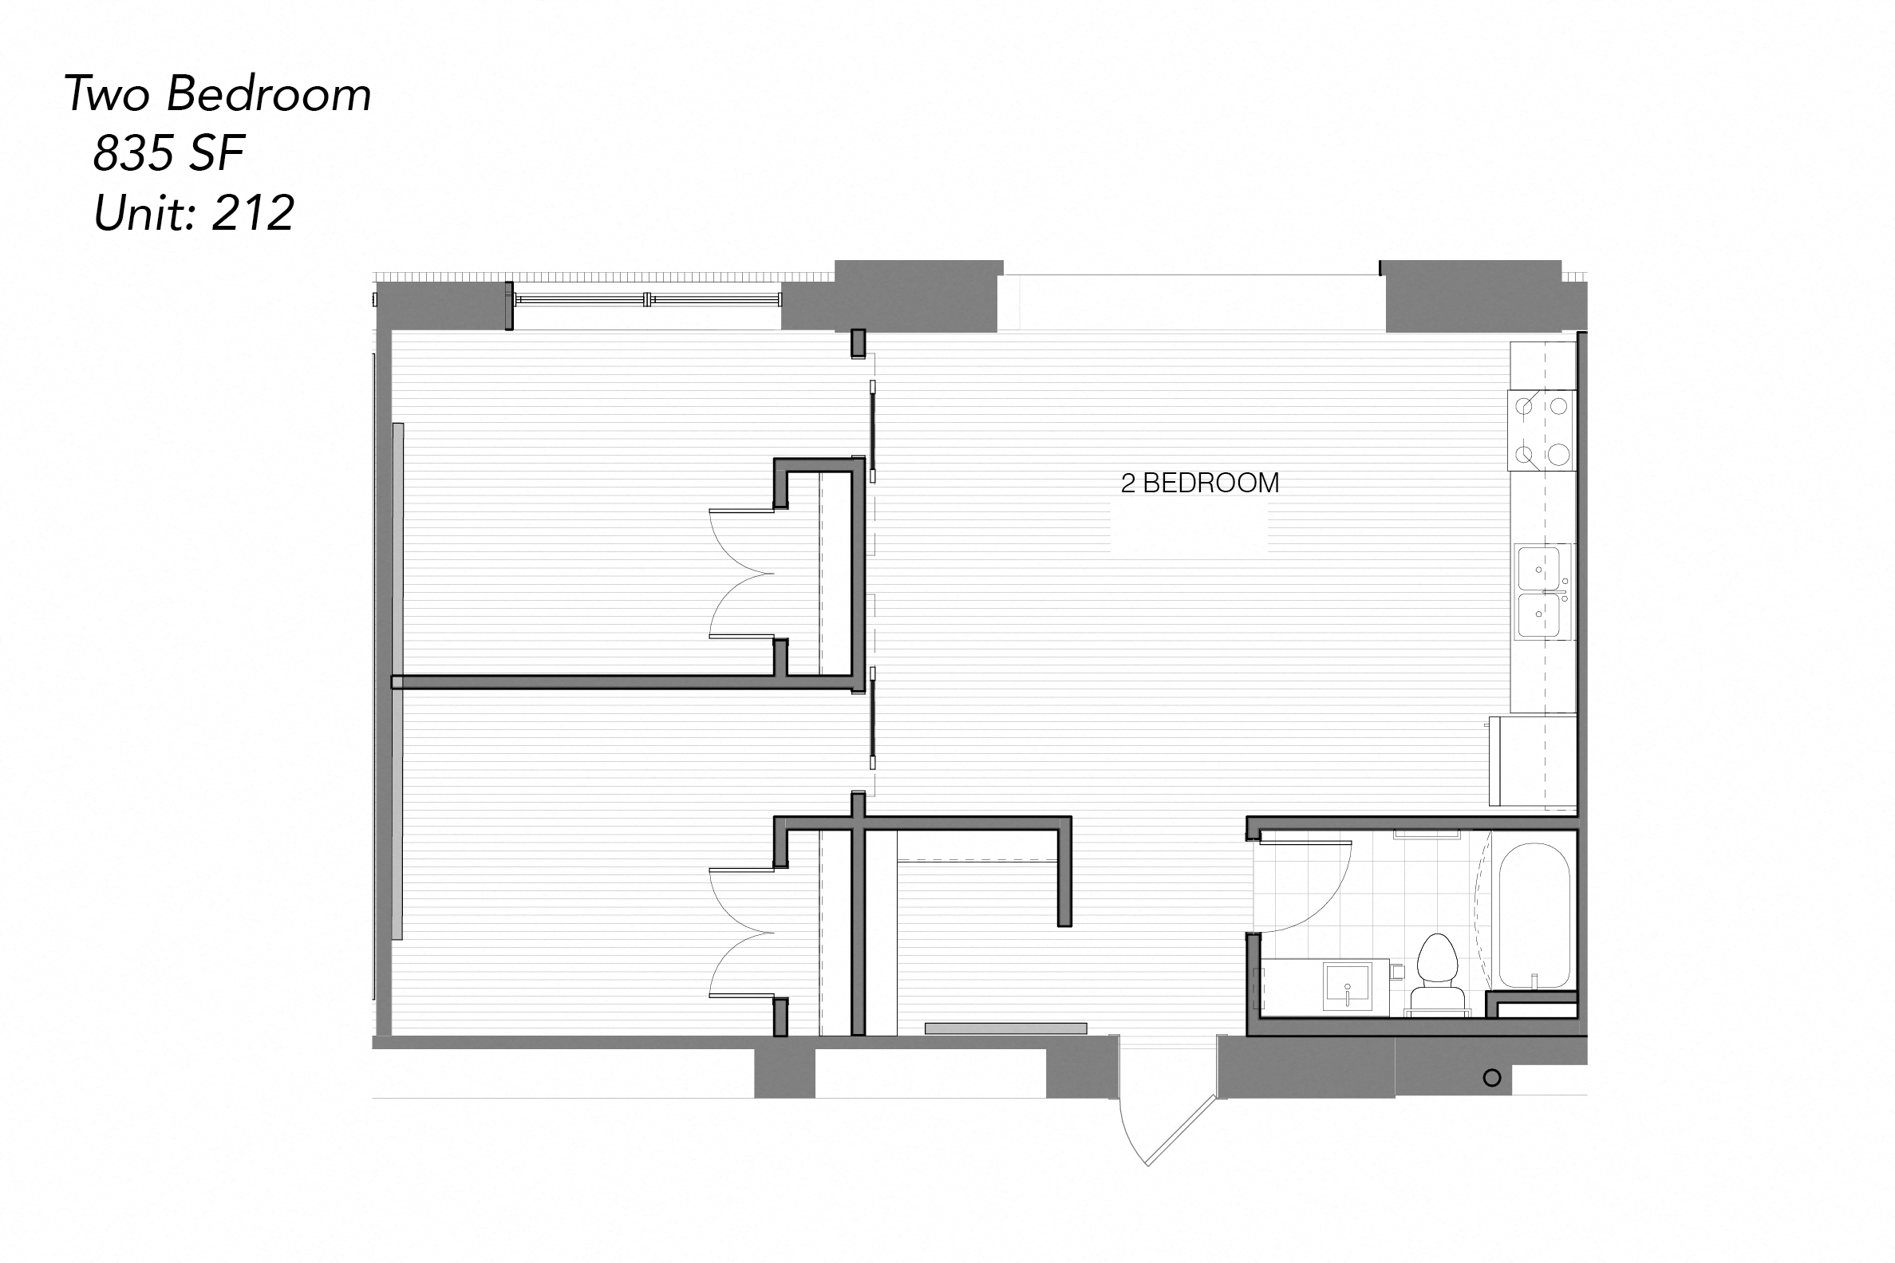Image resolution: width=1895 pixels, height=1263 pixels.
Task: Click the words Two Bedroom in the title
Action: pos(218,94)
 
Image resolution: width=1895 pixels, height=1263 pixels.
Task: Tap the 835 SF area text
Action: pos(168,153)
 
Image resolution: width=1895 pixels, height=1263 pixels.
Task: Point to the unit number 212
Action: pos(253,214)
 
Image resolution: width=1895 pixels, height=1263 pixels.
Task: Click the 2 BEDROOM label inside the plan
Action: pos(1199,483)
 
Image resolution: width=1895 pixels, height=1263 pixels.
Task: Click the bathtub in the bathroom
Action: pos(1534,915)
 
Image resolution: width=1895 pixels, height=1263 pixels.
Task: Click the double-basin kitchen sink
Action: pos(1540,592)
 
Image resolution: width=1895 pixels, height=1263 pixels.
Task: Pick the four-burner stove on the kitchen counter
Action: pos(1542,430)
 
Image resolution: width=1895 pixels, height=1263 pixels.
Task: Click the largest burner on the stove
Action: pos(1559,455)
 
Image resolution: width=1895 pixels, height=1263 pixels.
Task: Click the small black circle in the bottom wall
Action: pos(1491,1078)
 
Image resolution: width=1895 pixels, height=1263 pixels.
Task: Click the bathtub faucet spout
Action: pos(1534,980)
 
